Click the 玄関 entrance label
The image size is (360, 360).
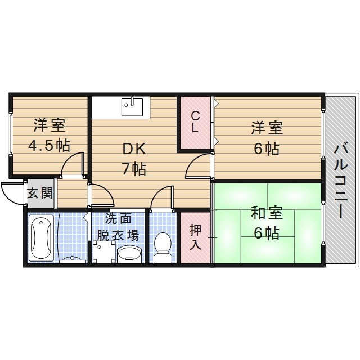(x=40, y=194)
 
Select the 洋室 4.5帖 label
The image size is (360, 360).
(x=49, y=134)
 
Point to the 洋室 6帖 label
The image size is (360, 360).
(x=266, y=138)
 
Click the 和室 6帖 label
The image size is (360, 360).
(x=266, y=223)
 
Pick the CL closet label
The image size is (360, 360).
(x=195, y=122)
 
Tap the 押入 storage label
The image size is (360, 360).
(x=195, y=236)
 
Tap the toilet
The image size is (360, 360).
(x=163, y=246)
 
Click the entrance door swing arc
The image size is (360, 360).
(x=12, y=194)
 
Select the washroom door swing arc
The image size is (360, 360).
(x=103, y=194)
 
